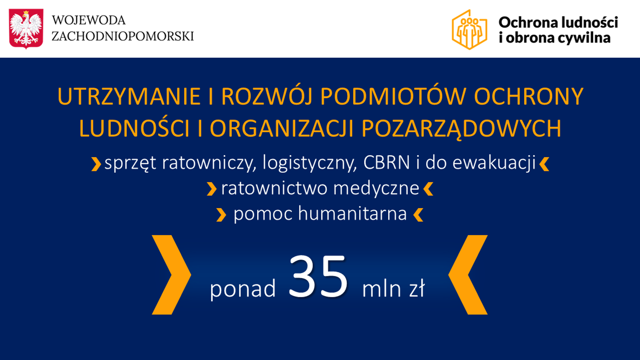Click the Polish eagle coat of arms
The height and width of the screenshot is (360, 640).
[26, 28]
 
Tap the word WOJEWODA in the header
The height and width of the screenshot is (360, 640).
[89, 20]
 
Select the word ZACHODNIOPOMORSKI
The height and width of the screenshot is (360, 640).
[123, 36]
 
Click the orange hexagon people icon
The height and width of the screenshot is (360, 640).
[469, 29]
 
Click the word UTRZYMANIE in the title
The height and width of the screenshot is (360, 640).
[129, 97]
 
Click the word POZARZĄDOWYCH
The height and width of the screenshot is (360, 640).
[461, 129]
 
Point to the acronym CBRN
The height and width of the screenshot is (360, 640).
[386, 163]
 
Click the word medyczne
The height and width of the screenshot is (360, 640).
[376, 189]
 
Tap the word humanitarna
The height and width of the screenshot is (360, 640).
[352, 213]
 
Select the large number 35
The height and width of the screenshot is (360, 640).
[318, 276]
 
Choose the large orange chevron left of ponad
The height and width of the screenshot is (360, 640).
[172, 275]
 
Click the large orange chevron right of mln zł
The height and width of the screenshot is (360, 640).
[468, 275]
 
